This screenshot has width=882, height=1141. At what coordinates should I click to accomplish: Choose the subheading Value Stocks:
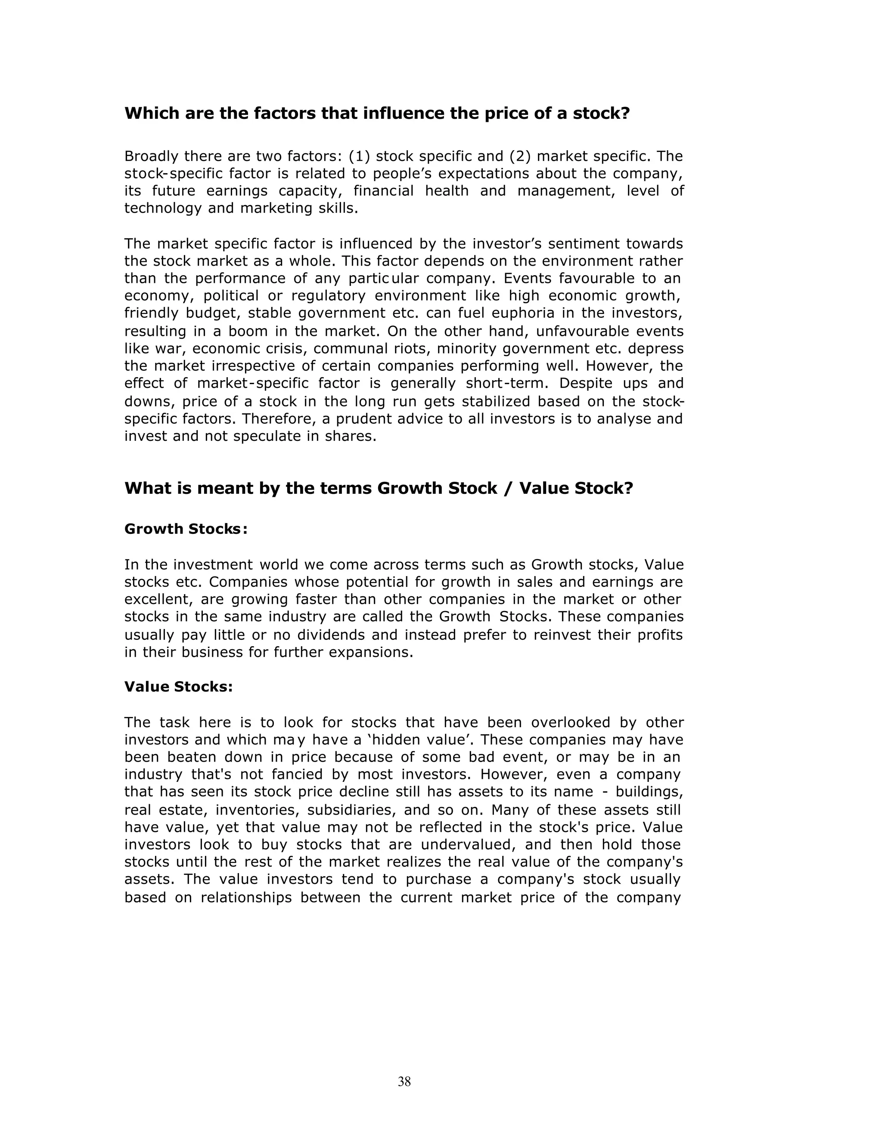[x=178, y=686]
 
